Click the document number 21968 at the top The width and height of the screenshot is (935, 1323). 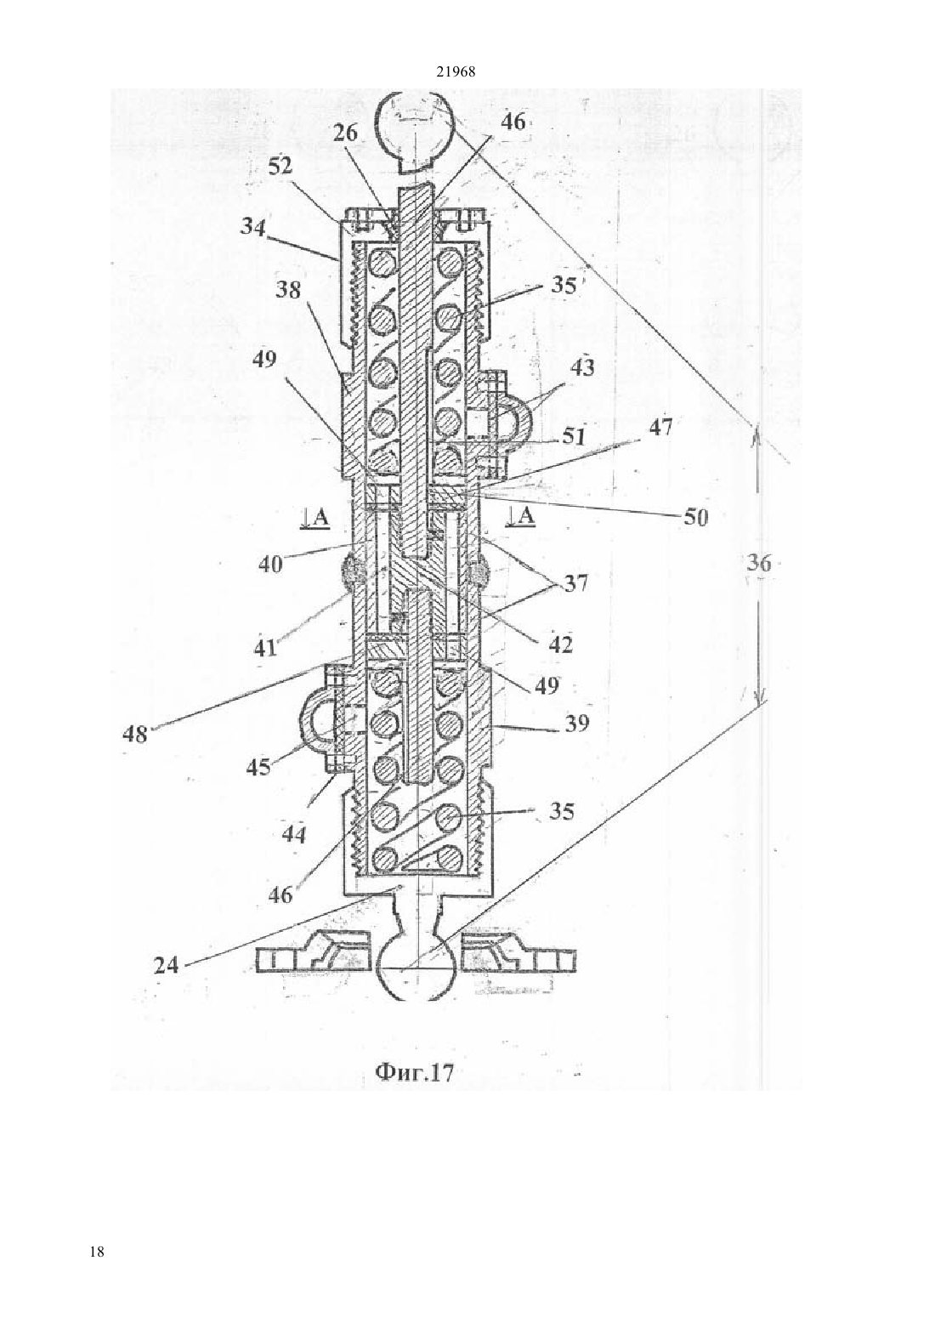click(455, 71)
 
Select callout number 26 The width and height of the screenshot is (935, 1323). click(345, 133)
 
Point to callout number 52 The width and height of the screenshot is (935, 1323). click(281, 168)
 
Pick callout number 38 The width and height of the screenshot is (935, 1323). click(287, 290)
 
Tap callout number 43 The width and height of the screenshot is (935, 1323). click(581, 368)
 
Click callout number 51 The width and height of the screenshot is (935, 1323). click(573, 437)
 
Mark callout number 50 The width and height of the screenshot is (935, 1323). click(696, 518)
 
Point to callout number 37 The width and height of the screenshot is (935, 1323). click(575, 583)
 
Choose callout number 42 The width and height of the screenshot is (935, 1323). click(560, 644)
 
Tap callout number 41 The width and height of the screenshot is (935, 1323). click(265, 649)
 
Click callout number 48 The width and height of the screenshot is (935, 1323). click(134, 735)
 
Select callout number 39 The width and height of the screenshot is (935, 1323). click(575, 723)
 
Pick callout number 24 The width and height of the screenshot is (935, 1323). click(166, 965)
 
